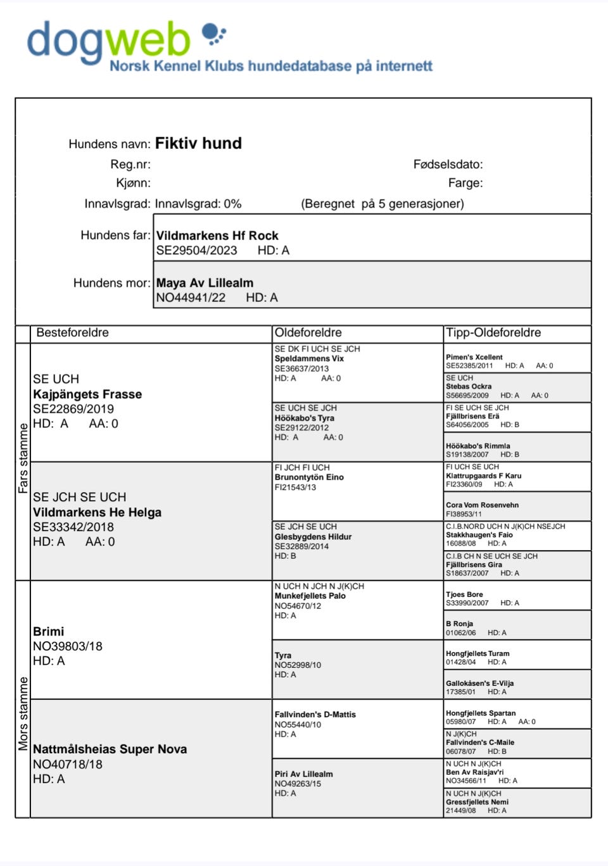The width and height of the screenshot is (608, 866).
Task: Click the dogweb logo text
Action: tap(108, 41)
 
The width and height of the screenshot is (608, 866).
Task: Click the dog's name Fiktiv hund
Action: tap(198, 143)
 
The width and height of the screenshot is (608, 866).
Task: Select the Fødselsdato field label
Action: tap(448, 165)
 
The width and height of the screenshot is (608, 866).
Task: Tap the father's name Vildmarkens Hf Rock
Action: tap(217, 235)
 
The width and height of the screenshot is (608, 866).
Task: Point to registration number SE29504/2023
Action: tap(196, 251)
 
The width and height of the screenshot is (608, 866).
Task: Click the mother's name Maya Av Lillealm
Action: tap(205, 283)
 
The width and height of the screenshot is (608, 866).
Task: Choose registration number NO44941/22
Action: tap(191, 298)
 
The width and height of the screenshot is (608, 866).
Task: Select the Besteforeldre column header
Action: tap(72, 333)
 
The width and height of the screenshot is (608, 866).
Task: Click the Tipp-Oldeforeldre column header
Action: tap(493, 333)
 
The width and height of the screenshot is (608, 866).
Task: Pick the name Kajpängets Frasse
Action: tap(87, 394)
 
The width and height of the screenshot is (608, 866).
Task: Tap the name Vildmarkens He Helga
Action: tap(97, 512)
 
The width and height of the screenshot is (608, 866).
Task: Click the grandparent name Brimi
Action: tap(48, 631)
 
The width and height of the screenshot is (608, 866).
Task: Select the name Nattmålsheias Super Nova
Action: tap(110, 749)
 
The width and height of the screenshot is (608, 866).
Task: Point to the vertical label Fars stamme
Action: tap(23, 458)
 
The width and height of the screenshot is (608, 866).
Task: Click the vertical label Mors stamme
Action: tap(23, 713)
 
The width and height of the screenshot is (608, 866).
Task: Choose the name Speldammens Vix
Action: tap(309, 358)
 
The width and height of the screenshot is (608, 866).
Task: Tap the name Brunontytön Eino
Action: tap(309, 477)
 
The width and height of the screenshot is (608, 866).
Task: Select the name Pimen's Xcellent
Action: tap(474, 357)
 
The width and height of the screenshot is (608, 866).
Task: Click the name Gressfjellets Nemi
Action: tap(477, 801)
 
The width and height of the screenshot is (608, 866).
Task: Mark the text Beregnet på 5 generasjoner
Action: tap(383, 204)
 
